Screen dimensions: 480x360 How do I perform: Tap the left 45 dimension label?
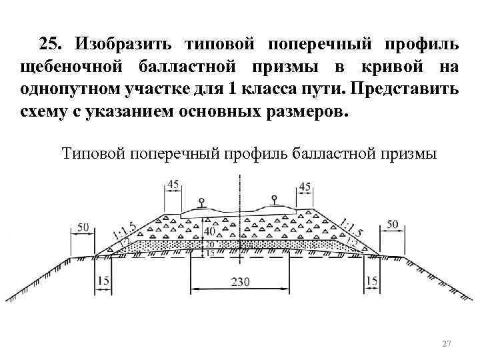(x=174, y=184)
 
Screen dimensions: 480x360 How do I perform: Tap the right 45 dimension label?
(x=305, y=186)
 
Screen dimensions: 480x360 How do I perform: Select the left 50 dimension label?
(x=83, y=227)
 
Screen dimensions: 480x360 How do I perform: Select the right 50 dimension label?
(x=392, y=224)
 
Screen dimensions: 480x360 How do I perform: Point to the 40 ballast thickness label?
(x=210, y=231)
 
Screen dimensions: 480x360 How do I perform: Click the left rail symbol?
(x=201, y=202)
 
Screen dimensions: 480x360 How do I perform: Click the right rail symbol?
(x=273, y=199)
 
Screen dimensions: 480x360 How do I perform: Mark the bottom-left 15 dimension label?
(x=103, y=281)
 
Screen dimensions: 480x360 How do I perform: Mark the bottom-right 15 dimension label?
(x=372, y=281)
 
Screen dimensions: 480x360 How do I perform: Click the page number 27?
(x=447, y=343)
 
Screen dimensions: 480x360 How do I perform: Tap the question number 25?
(x=51, y=45)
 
